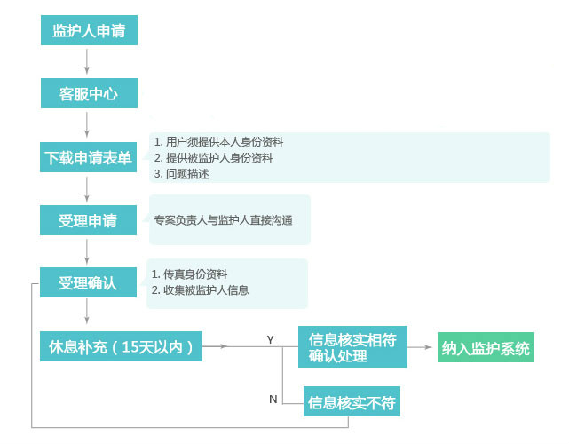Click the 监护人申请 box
(x=89, y=30)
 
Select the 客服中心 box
(x=89, y=93)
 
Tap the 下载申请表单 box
(x=88, y=157)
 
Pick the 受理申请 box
(x=88, y=220)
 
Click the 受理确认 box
(x=88, y=282)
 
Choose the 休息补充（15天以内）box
(x=121, y=346)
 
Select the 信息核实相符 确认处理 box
(x=352, y=346)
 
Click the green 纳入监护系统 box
(x=486, y=347)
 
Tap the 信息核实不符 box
(x=352, y=401)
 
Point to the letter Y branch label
(x=270, y=339)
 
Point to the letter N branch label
(x=273, y=400)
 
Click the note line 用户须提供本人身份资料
(x=218, y=142)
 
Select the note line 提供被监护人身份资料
(x=213, y=158)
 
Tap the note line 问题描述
(x=181, y=174)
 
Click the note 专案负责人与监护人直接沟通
(x=223, y=220)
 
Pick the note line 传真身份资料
(x=189, y=274)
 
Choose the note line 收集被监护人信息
(x=200, y=290)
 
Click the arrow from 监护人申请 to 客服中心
(x=87, y=62)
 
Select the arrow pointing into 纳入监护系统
(x=420, y=347)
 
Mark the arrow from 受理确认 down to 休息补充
(x=87, y=311)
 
